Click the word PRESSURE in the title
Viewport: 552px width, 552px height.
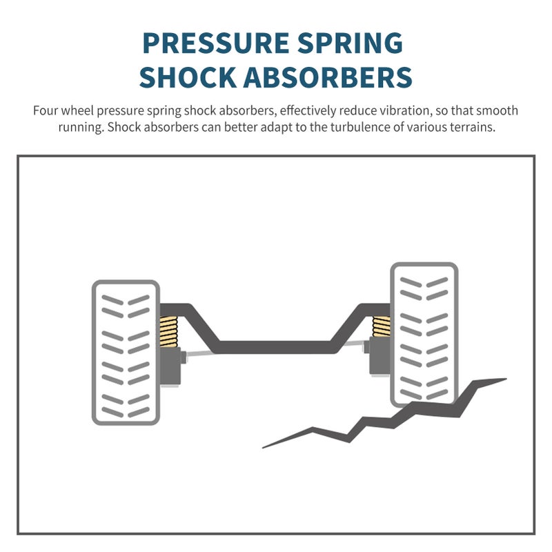(x=216, y=43)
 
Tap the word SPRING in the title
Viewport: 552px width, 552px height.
(x=350, y=43)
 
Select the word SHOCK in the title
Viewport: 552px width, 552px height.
(x=187, y=77)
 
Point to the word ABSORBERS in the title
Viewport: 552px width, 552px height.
(x=327, y=77)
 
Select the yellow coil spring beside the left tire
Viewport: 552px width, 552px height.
(x=168, y=332)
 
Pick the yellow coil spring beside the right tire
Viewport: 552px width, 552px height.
(x=382, y=326)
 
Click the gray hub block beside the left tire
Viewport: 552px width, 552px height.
(x=170, y=366)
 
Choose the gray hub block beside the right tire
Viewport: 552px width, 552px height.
(x=379, y=355)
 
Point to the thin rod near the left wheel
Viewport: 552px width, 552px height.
(x=200, y=354)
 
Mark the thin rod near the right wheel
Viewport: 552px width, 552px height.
(x=355, y=342)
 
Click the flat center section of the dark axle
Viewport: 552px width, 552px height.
(x=275, y=347)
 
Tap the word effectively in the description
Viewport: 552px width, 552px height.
(x=308, y=111)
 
